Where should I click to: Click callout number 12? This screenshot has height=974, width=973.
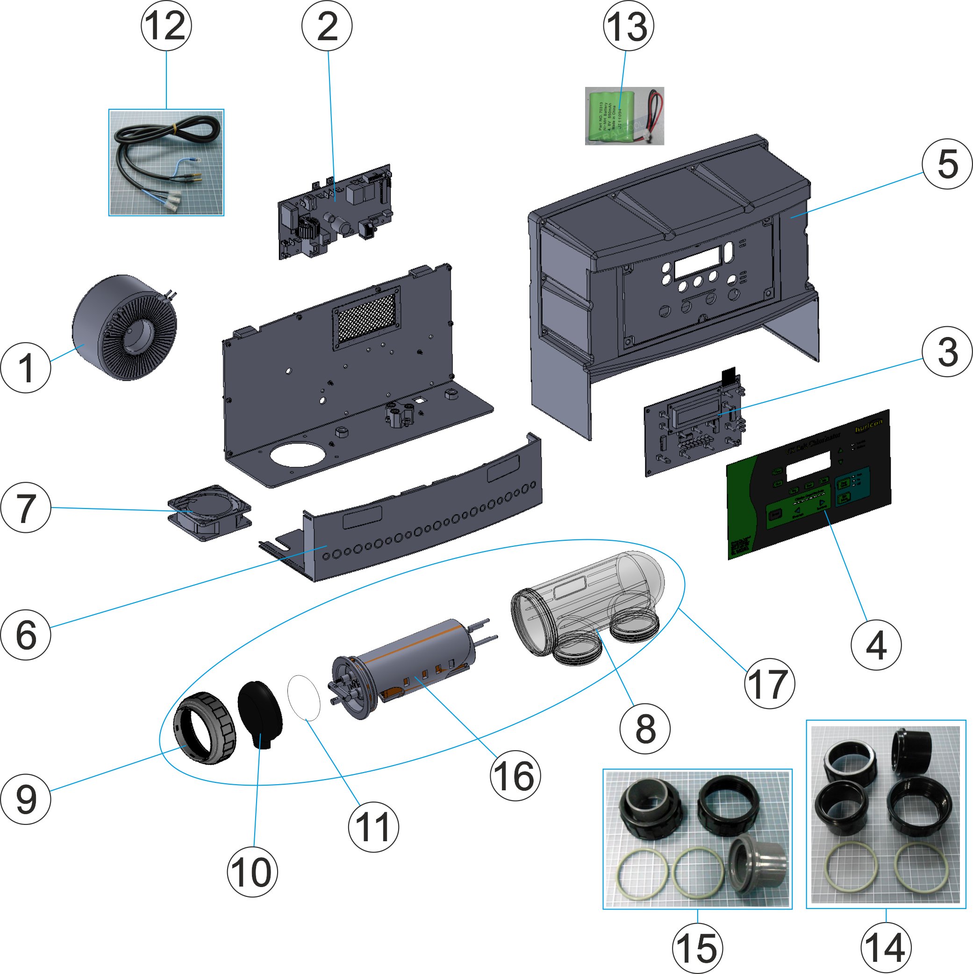(x=166, y=26)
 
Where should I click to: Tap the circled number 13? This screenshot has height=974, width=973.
(x=628, y=26)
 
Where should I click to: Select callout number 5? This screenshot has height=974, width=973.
(x=947, y=164)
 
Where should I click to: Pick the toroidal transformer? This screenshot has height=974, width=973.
(x=124, y=328)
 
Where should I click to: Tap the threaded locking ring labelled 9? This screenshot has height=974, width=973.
(x=204, y=728)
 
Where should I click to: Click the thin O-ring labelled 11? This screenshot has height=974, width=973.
(x=304, y=698)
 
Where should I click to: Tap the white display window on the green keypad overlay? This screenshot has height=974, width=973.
(x=808, y=465)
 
